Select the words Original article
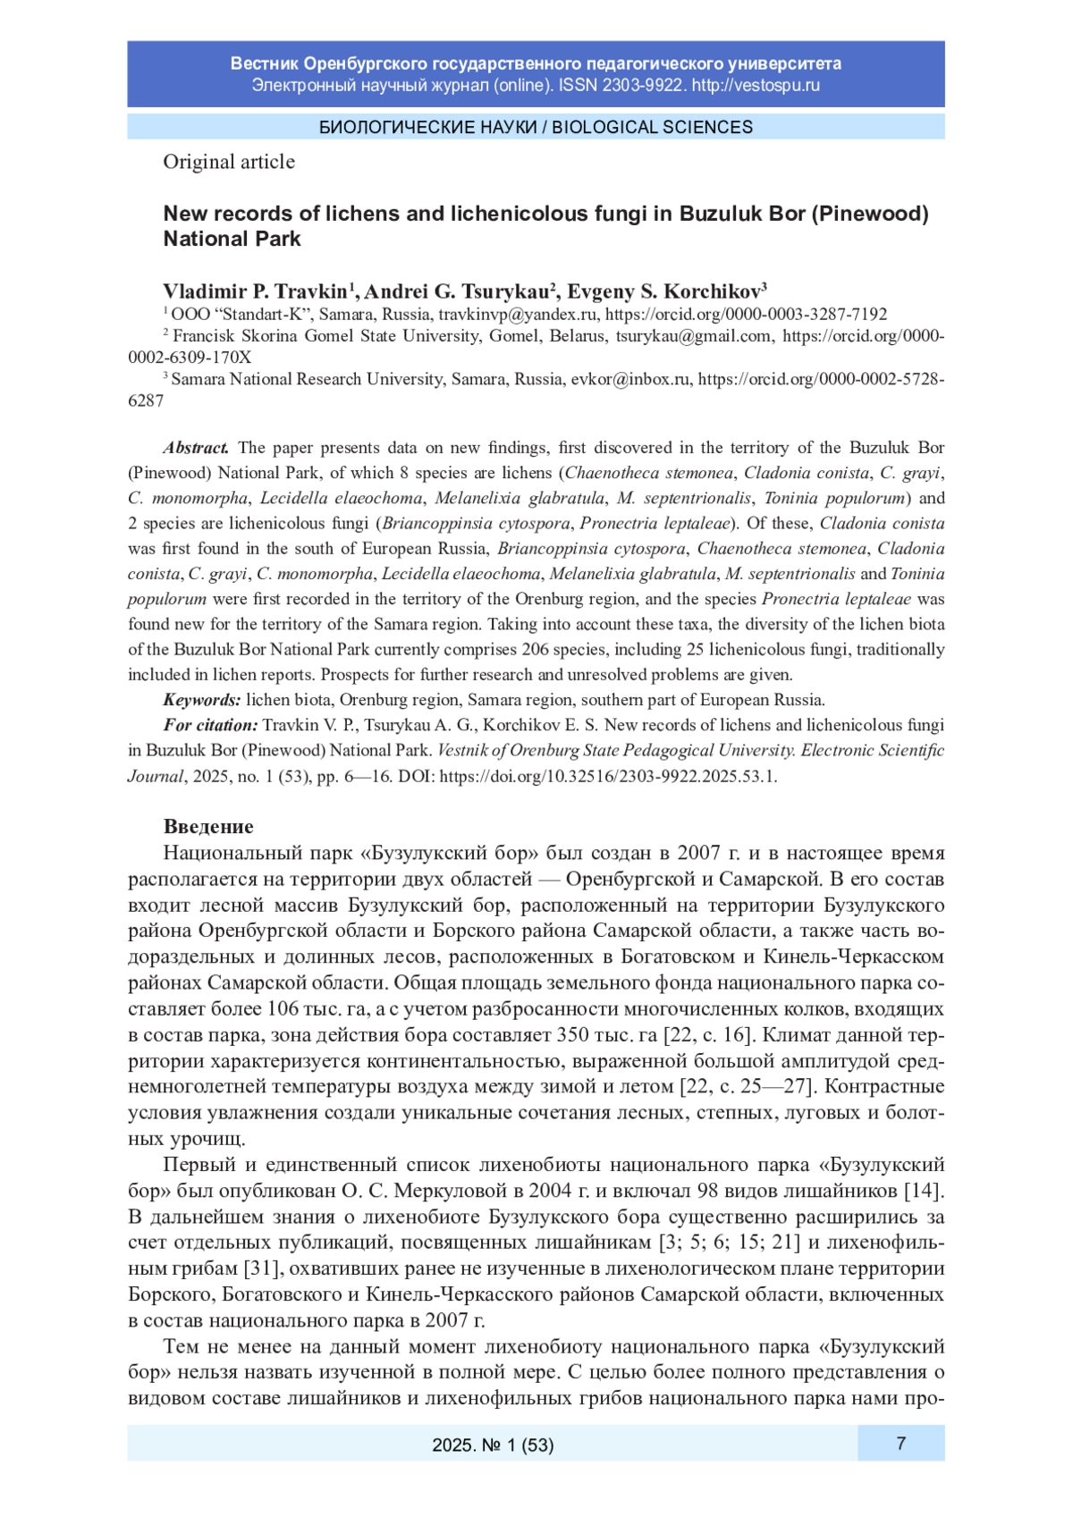tap(229, 162)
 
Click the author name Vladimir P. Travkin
tap(255, 291)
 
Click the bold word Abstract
tap(196, 448)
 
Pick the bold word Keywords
tap(201, 700)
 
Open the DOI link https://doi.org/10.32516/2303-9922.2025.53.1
tap(608, 776)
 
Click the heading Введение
tap(208, 826)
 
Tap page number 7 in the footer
tap(900, 1443)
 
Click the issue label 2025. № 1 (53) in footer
tap(493, 1445)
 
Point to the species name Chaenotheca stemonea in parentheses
tap(649, 473)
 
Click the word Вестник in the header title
tap(264, 63)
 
